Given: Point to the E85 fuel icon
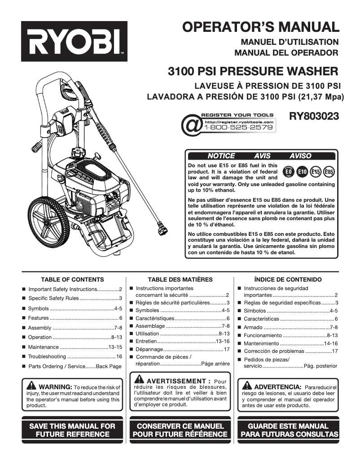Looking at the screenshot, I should [x=329, y=172].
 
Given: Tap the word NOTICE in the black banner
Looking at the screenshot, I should [x=221, y=156].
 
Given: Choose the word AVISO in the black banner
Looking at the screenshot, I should [x=300, y=156].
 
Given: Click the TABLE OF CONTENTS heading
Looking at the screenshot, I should [x=72, y=279].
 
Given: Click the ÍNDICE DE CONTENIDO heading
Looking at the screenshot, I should [x=288, y=279].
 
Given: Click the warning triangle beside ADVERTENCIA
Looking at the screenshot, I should [x=247, y=386].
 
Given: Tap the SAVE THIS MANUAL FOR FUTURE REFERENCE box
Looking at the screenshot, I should [x=72, y=430].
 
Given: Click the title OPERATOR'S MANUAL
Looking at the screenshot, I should [x=261, y=27].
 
